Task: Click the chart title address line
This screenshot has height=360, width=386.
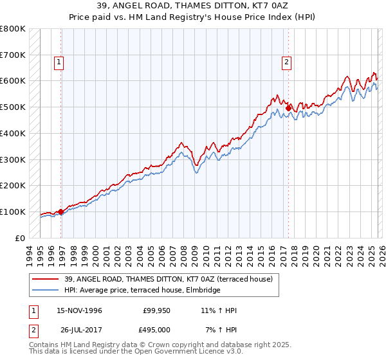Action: pos(193,6)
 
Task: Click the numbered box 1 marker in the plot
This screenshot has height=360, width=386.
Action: pos(59,62)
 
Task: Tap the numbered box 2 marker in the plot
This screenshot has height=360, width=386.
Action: pos(285,62)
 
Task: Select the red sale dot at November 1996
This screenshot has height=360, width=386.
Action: pos(61,212)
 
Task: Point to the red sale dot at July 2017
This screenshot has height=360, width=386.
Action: pos(289,107)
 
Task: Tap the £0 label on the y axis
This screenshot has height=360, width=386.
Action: pos(19,238)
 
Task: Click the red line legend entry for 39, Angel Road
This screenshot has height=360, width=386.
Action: pos(169,279)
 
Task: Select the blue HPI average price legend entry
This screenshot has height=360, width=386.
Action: pos(142,291)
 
